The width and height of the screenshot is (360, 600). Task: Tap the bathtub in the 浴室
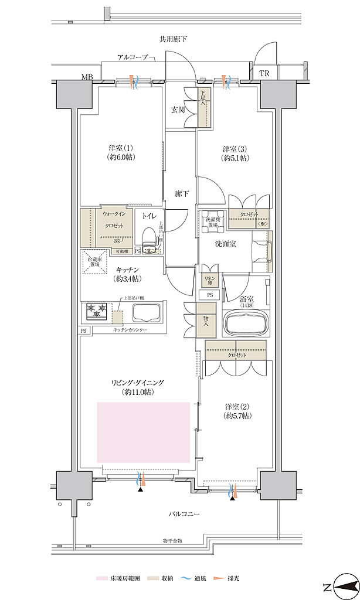245,323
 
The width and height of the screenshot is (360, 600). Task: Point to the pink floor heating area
143,432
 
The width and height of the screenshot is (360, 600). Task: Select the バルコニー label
186,514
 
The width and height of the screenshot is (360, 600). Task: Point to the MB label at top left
87,77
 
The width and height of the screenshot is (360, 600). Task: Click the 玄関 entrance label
178,109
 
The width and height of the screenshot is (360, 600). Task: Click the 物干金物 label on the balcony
173,541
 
